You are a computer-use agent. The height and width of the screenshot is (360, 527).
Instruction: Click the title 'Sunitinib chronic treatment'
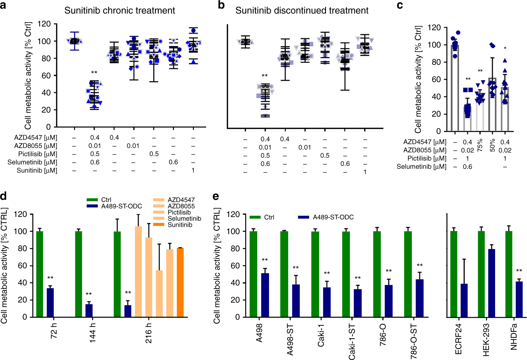click(120, 10)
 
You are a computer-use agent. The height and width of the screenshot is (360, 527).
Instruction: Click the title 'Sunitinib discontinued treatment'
click(302, 10)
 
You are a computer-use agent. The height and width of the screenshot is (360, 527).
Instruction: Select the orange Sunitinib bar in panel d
click(180, 282)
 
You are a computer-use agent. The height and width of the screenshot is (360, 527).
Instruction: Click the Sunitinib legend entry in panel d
click(180, 225)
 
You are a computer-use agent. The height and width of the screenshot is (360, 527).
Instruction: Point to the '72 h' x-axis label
click(54, 330)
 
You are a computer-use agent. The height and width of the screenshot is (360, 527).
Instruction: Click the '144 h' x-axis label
click(92, 332)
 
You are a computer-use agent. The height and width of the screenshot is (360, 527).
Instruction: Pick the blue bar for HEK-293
click(491, 283)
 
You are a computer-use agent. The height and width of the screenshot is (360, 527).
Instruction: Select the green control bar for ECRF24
click(454, 274)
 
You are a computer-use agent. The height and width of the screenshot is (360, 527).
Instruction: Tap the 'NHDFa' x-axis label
click(514, 337)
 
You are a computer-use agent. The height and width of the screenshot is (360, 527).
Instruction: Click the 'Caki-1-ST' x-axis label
click(352, 341)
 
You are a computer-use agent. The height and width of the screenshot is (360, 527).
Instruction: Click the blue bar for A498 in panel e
click(265, 295)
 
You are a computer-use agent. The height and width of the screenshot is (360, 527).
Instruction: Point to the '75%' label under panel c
click(480, 145)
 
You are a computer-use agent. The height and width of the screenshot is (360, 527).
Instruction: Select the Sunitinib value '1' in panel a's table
click(193, 170)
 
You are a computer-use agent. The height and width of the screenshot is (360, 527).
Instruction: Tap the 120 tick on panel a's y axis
click(44, 24)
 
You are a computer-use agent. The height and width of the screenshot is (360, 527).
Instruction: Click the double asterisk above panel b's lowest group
click(264, 76)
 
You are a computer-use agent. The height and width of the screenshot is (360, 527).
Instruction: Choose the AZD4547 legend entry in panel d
click(181, 200)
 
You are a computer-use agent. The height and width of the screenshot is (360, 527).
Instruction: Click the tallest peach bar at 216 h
click(138, 271)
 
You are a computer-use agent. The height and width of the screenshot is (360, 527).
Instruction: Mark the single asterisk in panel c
click(505, 48)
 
